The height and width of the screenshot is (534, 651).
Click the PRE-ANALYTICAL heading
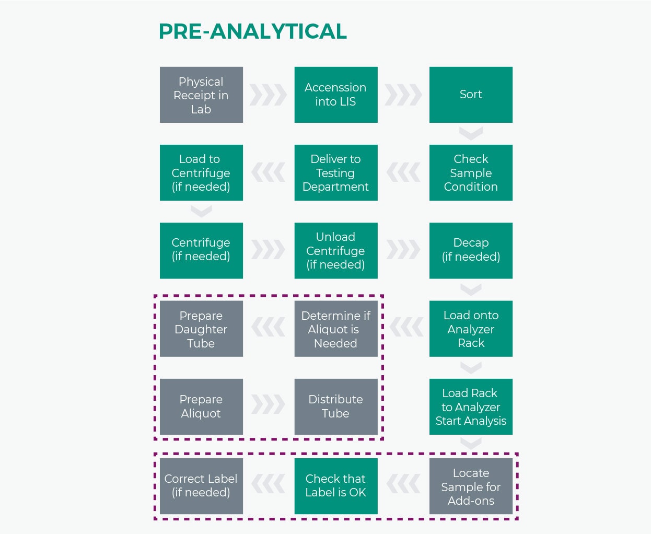(252, 31)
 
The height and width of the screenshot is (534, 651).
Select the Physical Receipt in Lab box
(201, 95)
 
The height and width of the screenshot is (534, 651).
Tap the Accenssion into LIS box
(336, 95)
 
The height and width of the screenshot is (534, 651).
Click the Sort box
(471, 95)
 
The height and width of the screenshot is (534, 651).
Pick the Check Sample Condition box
(471, 173)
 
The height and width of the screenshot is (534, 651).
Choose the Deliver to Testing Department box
(336, 173)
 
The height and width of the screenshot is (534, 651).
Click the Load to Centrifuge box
(201, 173)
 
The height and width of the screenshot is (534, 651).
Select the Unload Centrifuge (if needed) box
(336, 251)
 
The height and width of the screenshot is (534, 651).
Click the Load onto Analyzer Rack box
(471, 329)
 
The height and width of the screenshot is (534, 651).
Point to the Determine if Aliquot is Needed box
(336, 329)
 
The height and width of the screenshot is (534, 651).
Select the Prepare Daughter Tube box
(201, 329)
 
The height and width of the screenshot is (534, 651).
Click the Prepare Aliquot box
(201, 407)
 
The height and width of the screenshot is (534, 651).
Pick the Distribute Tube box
(336, 407)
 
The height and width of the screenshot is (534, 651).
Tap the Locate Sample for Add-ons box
(471, 486)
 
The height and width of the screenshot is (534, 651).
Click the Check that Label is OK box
(336, 486)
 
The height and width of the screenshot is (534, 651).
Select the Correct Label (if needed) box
(201, 486)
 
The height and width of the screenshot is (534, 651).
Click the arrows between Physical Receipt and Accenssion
(268, 95)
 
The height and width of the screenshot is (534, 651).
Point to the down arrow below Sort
(471, 133)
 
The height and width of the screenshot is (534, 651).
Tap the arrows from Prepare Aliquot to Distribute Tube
(268, 404)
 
